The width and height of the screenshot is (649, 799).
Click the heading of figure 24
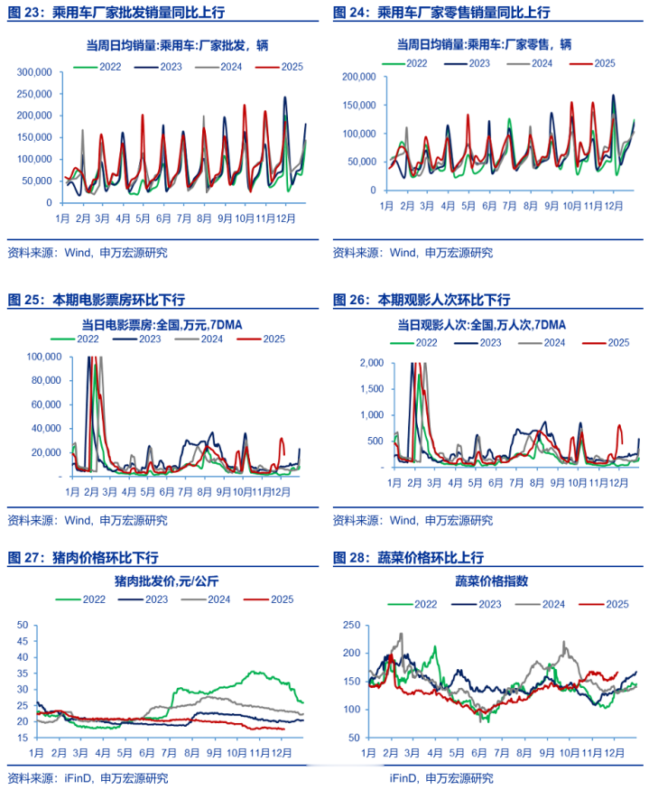pyautogui.click(x=441, y=12)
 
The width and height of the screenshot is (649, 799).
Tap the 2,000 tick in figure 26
pyautogui.click(x=372, y=363)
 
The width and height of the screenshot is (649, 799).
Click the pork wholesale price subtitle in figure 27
pyautogui.click(x=163, y=580)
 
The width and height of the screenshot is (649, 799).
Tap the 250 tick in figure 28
pyautogui.click(x=351, y=625)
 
